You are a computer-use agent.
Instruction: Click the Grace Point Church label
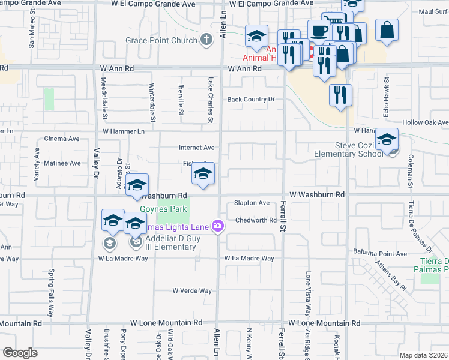coord(161,41)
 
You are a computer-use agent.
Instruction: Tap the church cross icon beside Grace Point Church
coord(206,41)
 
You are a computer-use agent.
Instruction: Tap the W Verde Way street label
coord(192,290)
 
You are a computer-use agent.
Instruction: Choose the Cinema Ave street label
coord(62,139)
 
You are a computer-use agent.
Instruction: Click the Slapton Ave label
coord(252,203)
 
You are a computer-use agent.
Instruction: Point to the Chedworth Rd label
coord(256,220)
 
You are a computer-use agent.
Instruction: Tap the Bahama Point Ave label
coord(380,253)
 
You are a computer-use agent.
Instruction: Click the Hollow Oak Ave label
coord(426,122)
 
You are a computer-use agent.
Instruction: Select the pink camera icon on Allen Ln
coord(217,227)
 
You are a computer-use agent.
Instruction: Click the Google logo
coord(20,353)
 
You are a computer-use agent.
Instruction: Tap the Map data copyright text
coord(423,355)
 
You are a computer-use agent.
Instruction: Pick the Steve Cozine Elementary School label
coord(358,149)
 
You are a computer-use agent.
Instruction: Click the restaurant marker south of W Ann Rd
coord(340,95)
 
